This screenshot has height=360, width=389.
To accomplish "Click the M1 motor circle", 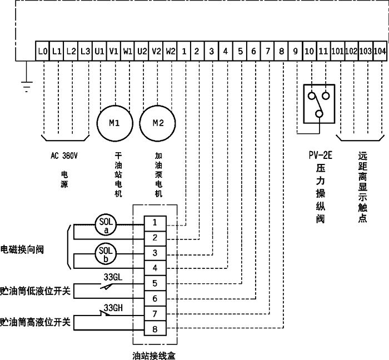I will pyautogui.click(x=114, y=123).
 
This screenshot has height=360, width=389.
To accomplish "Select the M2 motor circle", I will pyautogui.click(x=156, y=123).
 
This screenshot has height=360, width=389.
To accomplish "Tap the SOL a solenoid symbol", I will pyautogui.click(x=106, y=224).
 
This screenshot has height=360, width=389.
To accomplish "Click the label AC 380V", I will pyautogui.click(x=64, y=156).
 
